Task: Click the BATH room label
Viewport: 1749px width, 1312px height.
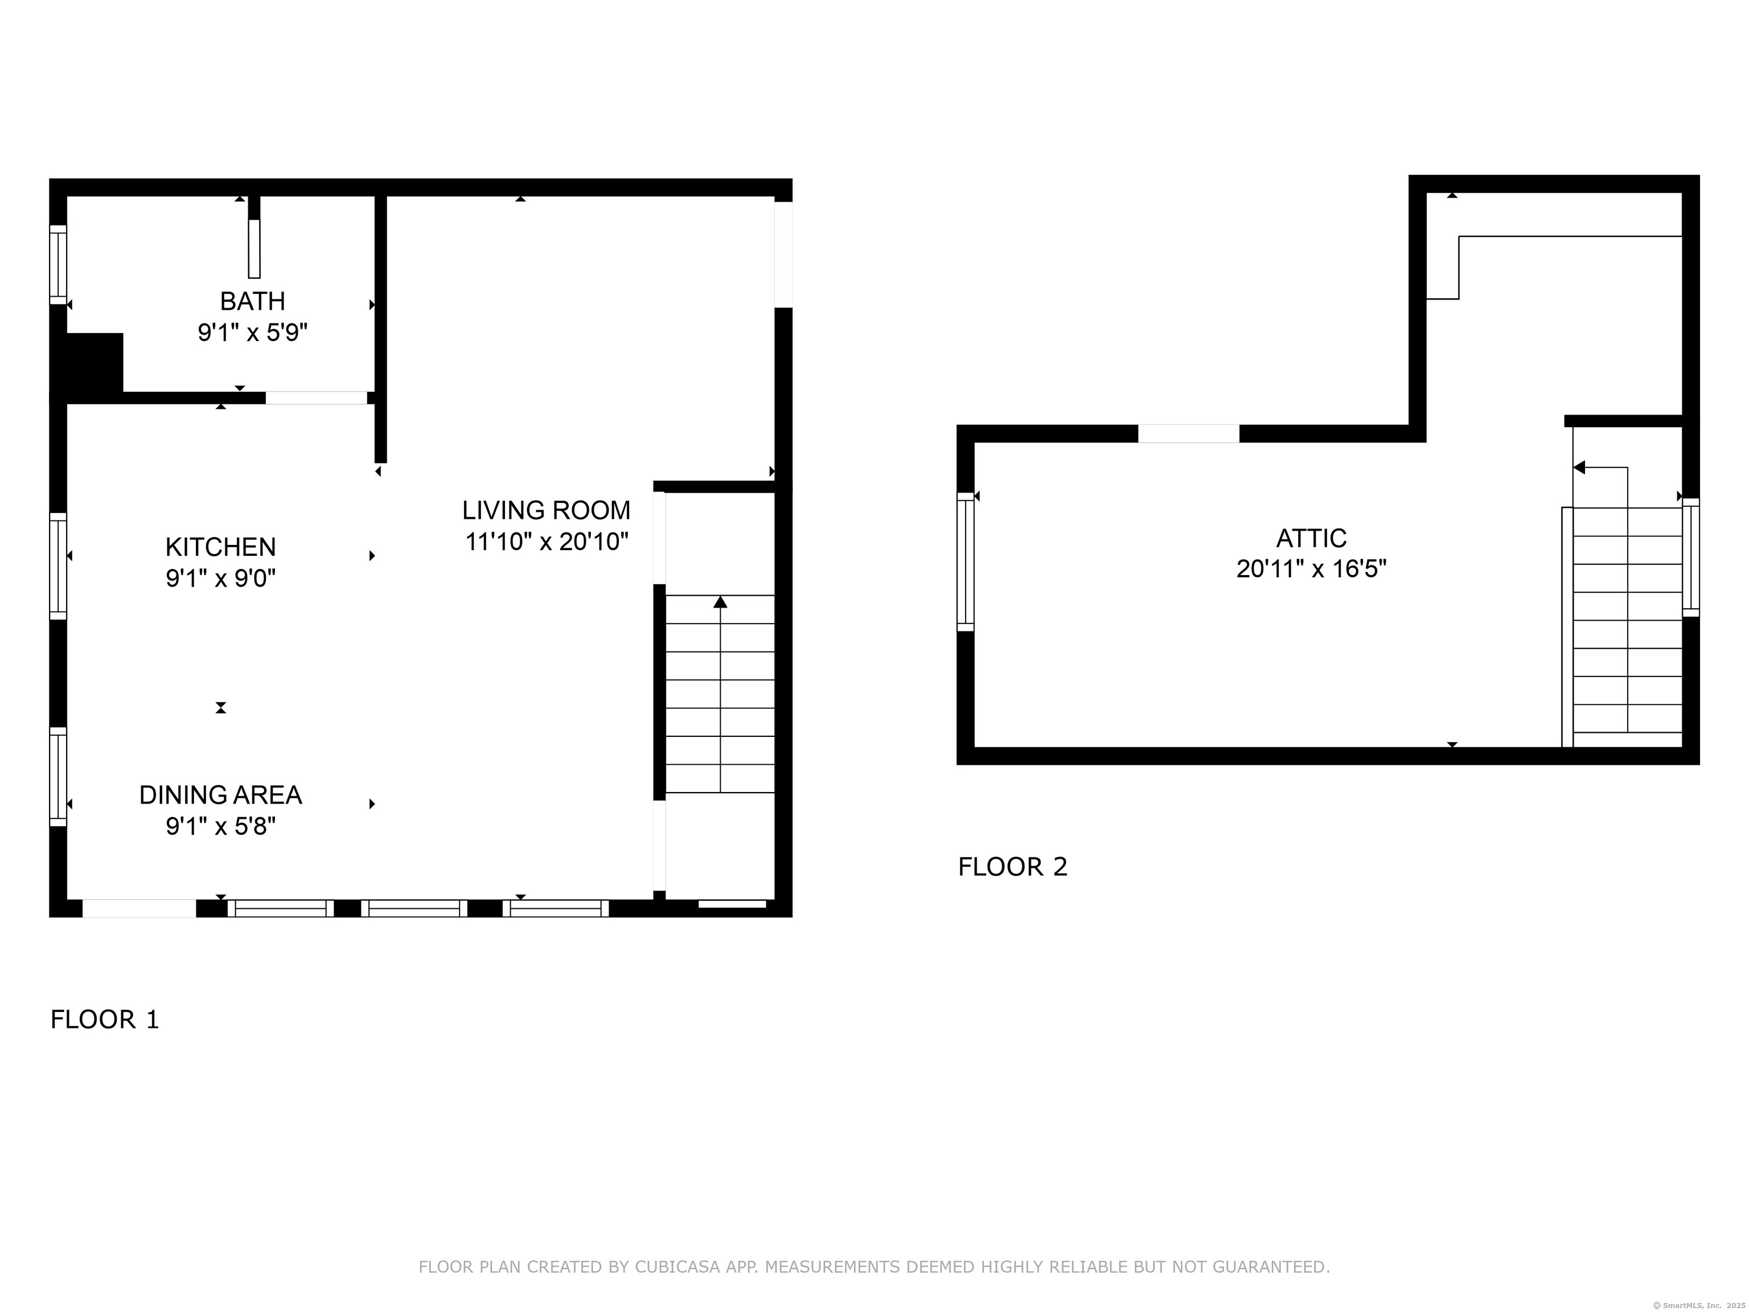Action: coord(252,301)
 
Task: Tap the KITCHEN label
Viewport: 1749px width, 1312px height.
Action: coord(220,547)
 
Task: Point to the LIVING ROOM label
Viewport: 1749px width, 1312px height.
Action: coord(547,511)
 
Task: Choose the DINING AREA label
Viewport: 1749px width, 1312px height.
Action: coord(220,796)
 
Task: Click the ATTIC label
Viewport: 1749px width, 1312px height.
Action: coord(1311,539)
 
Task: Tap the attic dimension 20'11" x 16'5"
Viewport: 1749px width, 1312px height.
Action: coord(1311,569)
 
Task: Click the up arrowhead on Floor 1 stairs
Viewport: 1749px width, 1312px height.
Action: coord(720,602)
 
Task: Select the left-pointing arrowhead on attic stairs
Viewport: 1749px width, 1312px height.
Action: coord(1579,468)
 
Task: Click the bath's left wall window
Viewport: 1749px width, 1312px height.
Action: coord(58,264)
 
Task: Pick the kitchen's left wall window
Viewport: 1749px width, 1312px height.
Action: coord(58,566)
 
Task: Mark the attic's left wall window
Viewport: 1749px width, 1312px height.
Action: coord(966,561)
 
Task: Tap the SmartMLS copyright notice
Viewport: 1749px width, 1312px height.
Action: coord(1698,1305)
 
